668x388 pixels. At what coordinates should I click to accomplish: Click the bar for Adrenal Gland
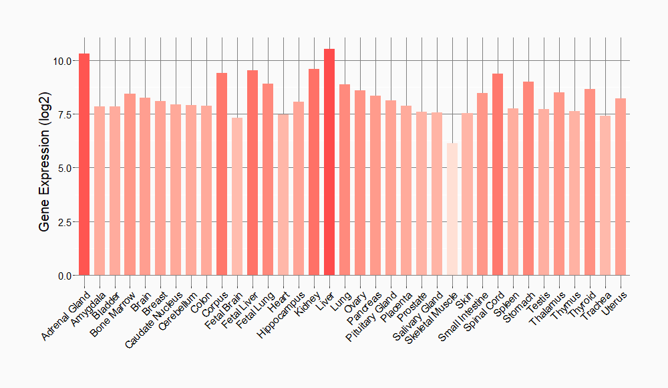tap(84, 164)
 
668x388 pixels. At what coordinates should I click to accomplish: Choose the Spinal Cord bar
tap(498, 174)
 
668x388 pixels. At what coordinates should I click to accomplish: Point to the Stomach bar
tap(528, 178)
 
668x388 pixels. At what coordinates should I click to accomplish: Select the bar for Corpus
tap(222, 174)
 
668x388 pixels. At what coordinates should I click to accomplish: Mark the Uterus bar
tap(621, 187)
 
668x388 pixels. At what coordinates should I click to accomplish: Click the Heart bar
tap(283, 195)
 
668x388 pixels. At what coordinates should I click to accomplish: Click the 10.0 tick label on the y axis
tap(62, 61)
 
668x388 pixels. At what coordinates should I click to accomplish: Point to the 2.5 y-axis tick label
tap(65, 221)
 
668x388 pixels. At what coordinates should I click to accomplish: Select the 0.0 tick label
tap(65, 276)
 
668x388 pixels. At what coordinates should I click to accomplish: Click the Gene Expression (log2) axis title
tap(44, 167)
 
